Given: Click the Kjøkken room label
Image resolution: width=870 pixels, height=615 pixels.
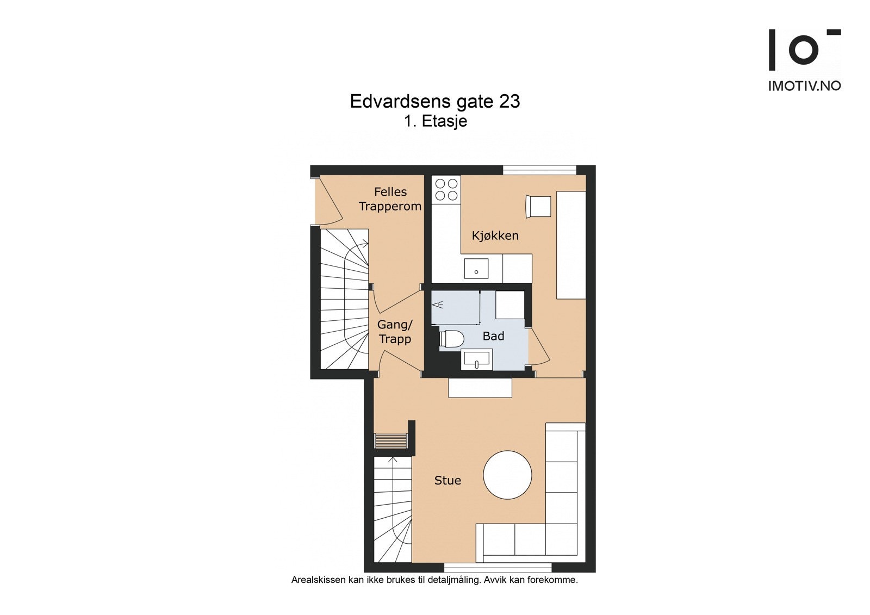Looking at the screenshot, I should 495,235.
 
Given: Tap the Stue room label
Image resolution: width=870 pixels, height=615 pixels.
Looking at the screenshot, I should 447,480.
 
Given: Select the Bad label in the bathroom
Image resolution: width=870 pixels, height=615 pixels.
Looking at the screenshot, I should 493,336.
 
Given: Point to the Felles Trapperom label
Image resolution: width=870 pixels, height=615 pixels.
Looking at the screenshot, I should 390,199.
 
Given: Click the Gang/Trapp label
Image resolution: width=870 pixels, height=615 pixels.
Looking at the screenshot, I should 395,332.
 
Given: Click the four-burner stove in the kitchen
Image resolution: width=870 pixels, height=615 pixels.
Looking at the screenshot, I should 446,189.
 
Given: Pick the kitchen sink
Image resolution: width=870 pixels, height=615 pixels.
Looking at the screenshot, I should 476,269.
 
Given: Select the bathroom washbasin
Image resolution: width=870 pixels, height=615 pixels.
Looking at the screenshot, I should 476,360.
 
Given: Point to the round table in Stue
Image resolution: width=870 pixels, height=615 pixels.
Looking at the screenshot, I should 507,475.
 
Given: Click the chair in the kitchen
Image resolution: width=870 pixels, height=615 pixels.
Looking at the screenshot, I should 538,206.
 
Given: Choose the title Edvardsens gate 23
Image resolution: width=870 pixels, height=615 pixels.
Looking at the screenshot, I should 434,102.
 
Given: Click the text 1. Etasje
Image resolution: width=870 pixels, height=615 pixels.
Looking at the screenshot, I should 435,121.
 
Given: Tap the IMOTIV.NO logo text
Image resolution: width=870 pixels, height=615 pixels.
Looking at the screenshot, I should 804,86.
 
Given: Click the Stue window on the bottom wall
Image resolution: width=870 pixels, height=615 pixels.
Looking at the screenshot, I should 498,567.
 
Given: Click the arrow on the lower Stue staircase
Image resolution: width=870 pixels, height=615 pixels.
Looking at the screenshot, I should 393,461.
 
